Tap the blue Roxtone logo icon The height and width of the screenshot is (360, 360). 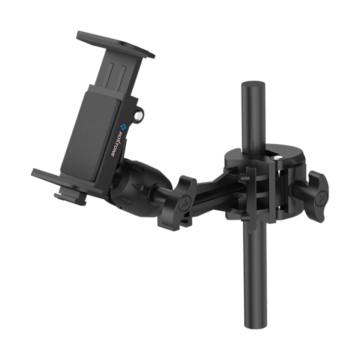click(x=123, y=127)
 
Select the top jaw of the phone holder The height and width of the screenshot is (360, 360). click(x=116, y=44)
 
